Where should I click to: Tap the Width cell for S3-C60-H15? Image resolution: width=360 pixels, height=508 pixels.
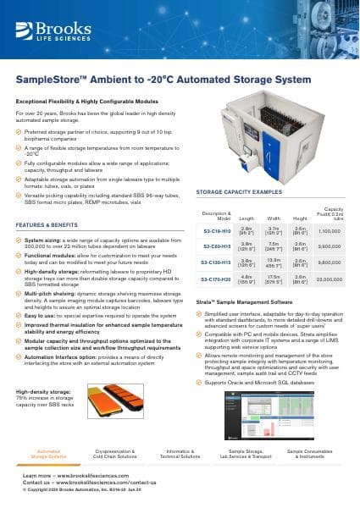point(274,254)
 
